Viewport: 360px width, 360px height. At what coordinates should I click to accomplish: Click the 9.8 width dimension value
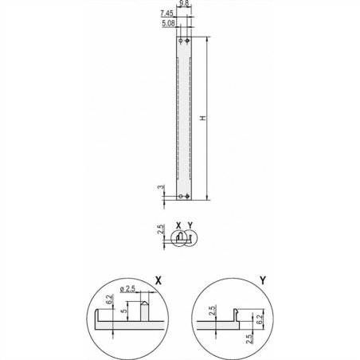184,5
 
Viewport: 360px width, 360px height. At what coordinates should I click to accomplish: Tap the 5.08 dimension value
168,24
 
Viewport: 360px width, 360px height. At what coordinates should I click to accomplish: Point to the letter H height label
203,118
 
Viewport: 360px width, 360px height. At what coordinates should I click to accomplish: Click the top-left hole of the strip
181,40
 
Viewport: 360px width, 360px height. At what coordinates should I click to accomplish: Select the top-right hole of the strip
187,40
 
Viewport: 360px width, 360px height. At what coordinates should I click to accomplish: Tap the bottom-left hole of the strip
181,196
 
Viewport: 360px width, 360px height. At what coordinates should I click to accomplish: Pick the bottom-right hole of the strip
187,196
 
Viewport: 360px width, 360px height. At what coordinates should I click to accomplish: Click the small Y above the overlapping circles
190,225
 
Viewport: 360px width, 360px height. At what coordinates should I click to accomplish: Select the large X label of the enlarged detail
159,280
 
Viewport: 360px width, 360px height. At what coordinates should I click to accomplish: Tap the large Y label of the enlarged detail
262,280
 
